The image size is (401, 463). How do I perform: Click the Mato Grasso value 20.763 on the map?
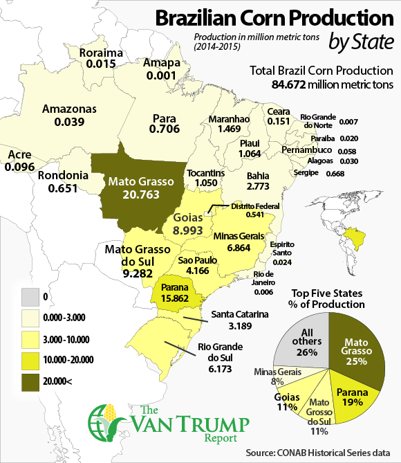pyautogui.click(x=142, y=195)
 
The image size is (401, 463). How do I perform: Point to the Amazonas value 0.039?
pyautogui.click(x=69, y=122)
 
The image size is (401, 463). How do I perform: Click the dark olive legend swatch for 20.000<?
pyautogui.click(x=21, y=379)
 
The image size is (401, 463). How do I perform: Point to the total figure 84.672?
pyautogui.click(x=290, y=84)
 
